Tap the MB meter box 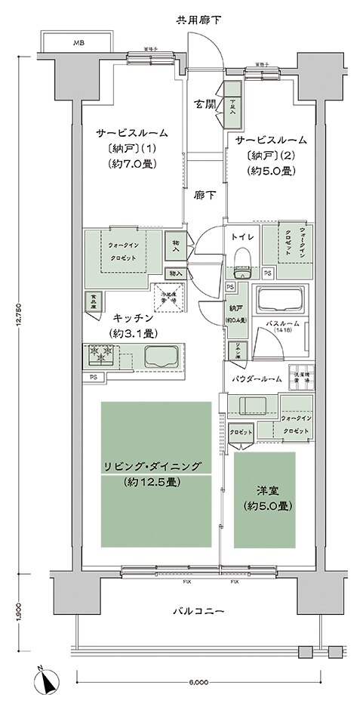(78, 43)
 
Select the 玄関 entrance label (202, 103)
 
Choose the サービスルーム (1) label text (131, 133)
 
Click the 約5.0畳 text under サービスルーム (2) (271, 171)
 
